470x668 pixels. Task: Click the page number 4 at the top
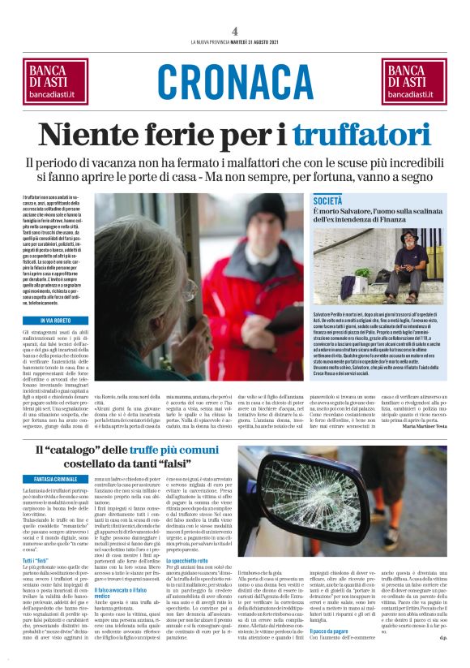coord(234,31)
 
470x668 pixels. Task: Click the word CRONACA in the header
coord(235,81)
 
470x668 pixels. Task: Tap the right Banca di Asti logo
coord(414,81)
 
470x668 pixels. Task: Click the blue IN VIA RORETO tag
coord(49,322)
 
